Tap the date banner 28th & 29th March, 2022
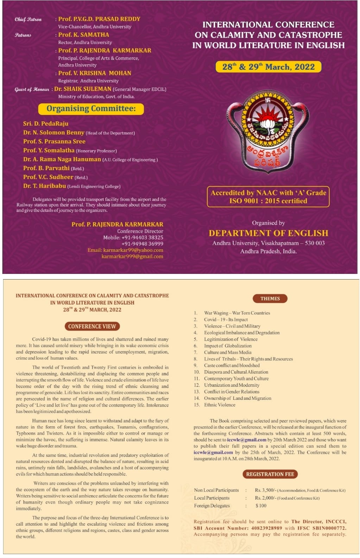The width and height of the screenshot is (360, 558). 268,67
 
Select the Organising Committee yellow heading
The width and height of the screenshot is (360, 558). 91,109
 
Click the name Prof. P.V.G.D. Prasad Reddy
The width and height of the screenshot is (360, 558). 99,19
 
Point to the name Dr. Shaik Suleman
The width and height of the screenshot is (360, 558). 83,89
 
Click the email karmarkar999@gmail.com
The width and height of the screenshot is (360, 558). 132,256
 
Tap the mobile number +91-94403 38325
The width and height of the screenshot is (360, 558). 142,237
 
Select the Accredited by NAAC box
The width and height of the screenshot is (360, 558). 268,197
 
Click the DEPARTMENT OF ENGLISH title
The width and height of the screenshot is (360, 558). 268,233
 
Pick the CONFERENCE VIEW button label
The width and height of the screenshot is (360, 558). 92,326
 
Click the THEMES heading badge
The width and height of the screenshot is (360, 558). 270,299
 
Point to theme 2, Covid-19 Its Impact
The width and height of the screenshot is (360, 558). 226,320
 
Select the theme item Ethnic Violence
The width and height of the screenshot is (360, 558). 220,405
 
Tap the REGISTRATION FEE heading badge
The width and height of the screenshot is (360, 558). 270,474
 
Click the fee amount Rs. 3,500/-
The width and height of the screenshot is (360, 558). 266,490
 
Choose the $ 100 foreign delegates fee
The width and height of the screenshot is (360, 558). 261,506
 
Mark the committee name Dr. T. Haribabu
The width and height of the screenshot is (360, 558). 45,186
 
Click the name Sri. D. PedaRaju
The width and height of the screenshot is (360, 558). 46,123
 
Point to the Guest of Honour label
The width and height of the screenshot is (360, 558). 32,89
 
